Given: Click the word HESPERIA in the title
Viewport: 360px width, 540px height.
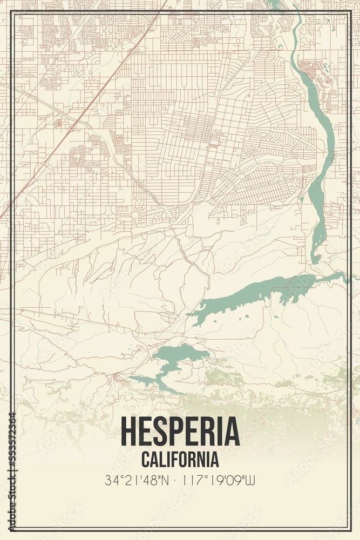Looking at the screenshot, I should tap(180, 432).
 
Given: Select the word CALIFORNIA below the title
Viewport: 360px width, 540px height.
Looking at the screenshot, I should tap(180, 460).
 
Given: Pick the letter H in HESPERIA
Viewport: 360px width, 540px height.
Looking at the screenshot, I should tap(129, 432).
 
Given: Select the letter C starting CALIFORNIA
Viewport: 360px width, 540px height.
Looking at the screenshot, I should tap(145, 460).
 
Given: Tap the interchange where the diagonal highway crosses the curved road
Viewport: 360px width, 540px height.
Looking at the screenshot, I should tap(72, 129).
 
